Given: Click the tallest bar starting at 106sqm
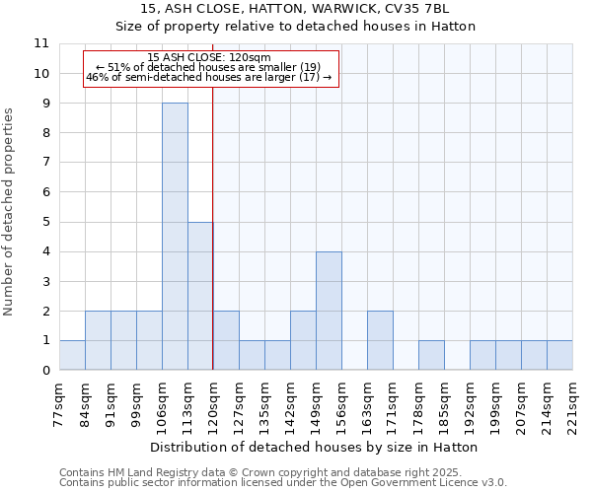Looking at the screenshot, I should pyautogui.click(x=175, y=237).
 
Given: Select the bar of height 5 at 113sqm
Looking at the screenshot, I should pyautogui.click(x=200, y=296).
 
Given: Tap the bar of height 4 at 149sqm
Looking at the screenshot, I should pyautogui.click(x=329, y=311).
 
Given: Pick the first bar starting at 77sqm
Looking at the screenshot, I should pyautogui.click(x=72, y=355).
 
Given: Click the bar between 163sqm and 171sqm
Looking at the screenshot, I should pyautogui.click(x=380, y=340).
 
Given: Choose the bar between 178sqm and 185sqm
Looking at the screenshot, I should pyautogui.click(x=431, y=355).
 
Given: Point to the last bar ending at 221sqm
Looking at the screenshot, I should pyautogui.click(x=559, y=355).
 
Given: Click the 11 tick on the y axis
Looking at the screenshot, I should pyautogui.click(x=41, y=43).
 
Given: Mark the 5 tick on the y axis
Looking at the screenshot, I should pyautogui.click(x=45, y=222).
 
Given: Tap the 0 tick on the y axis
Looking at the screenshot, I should pyautogui.click(x=45, y=371).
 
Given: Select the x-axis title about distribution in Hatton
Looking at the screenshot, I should pyautogui.click(x=316, y=447).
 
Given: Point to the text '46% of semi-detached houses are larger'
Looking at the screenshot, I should pyautogui.click(x=200, y=76).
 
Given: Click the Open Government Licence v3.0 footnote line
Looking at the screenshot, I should pyautogui.click(x=283, y=483).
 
